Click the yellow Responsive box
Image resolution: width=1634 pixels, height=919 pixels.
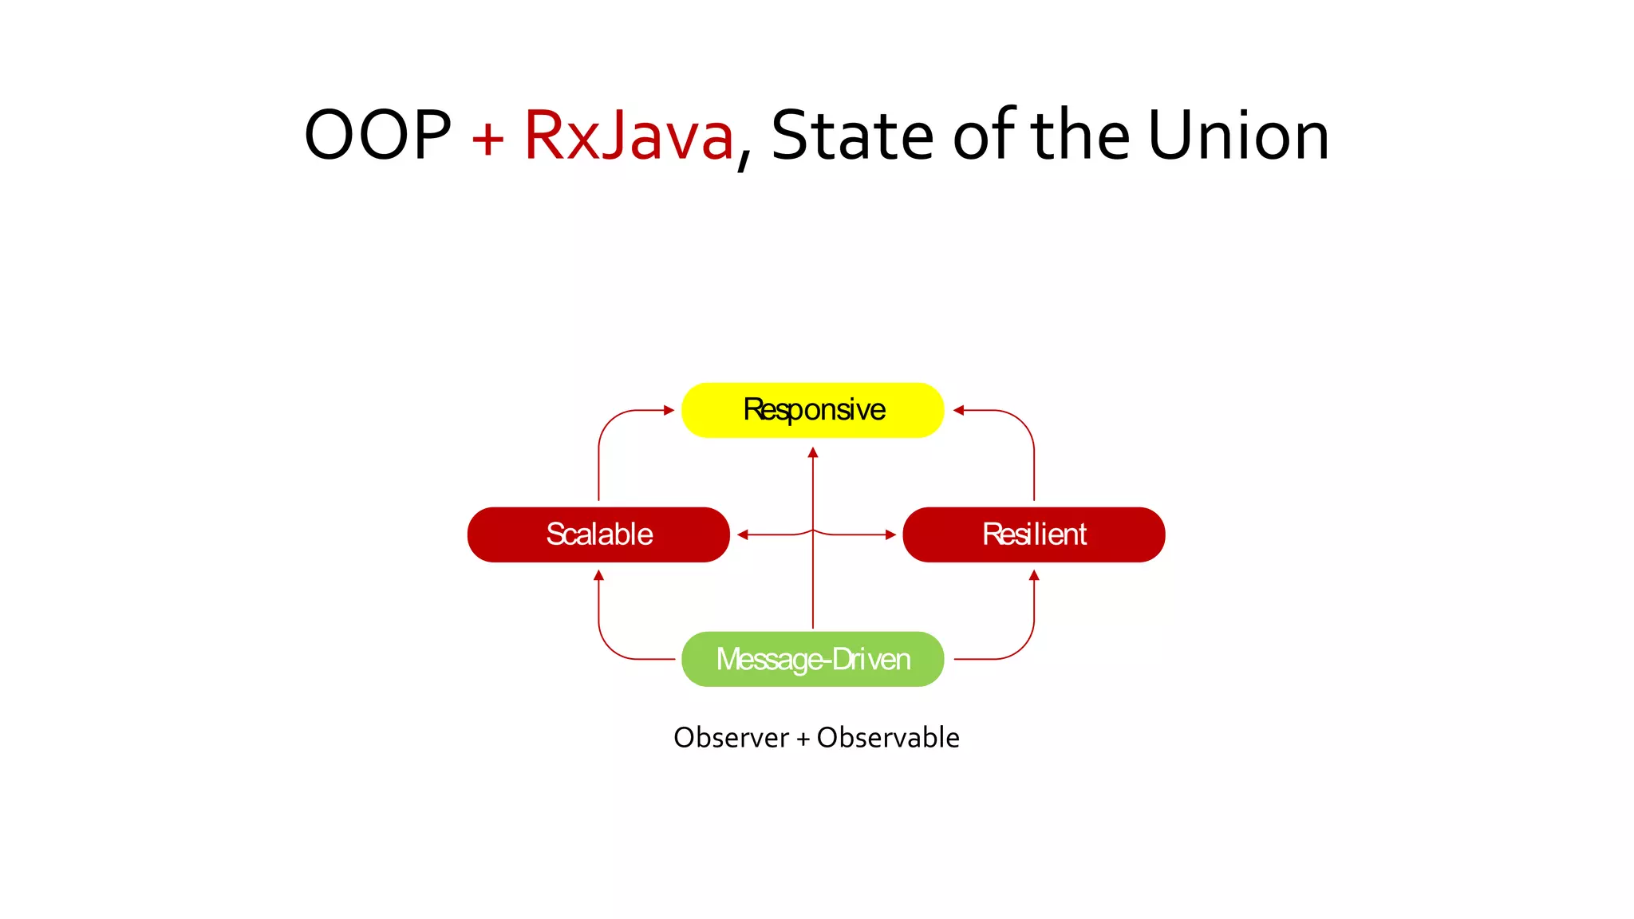(812, 410)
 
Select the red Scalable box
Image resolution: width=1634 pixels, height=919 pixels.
(598, 534)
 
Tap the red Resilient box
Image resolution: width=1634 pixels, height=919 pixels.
(1033, 534)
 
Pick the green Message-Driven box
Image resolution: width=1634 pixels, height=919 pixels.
(812, 659)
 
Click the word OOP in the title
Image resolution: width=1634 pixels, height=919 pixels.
(377, 136)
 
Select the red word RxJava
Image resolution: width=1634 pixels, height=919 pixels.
(628, 136)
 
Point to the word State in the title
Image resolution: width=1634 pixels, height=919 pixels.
(851, 136)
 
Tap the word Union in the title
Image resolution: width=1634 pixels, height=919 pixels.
(1238, 136)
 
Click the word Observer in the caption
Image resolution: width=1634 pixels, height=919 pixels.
(731, 738)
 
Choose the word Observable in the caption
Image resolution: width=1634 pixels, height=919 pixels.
(888, 738)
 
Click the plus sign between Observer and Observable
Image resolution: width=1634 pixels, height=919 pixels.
(803, 740)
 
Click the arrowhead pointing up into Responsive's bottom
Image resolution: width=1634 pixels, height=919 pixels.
(813, 452)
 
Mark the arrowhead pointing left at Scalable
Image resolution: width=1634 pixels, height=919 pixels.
(743, 534)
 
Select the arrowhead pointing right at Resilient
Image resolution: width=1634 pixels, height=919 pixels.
(891, 534)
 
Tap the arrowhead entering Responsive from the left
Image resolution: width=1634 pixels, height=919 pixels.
(669, 410)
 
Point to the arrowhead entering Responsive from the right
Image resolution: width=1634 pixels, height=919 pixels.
(958, 410)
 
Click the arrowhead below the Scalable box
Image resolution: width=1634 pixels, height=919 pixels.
(598, 574)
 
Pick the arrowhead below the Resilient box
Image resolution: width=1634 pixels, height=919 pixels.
(1034, 574)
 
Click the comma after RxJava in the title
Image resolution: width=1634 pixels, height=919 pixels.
(744, 163)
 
